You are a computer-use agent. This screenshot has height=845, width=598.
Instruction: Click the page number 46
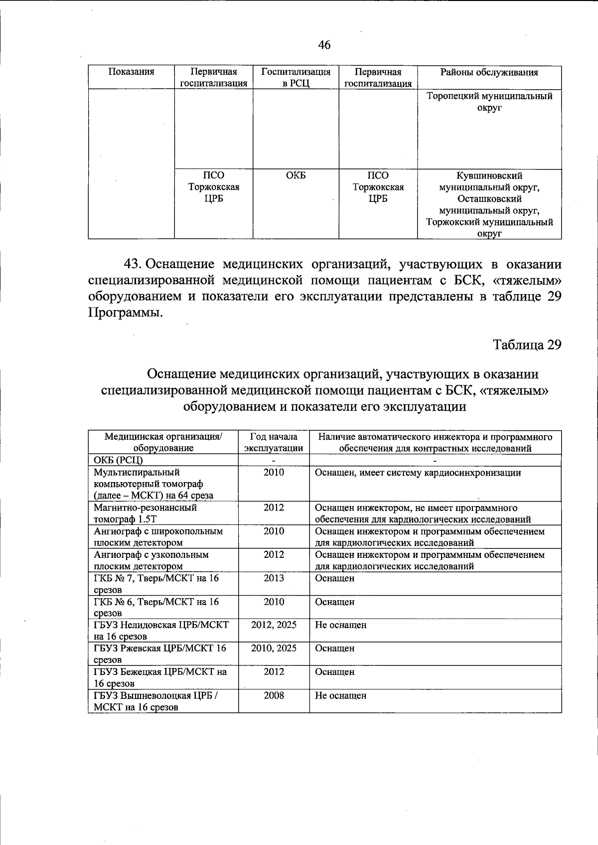click(324, 45)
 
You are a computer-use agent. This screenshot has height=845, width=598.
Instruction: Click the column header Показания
click(131, 72)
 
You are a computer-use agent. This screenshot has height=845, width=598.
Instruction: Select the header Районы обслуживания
click(489, 72)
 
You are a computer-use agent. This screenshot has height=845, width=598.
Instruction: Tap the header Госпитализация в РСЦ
click(296, 77)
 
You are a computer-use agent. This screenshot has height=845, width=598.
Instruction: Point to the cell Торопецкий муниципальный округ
click(489, 102)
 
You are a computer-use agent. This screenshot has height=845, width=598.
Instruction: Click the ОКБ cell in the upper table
click(296, 175)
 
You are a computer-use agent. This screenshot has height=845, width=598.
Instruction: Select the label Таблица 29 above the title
click(527, 344)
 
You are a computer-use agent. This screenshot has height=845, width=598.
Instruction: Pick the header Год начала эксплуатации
click(274, 442)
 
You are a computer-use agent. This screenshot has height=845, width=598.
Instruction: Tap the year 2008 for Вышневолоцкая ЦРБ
click(274, 695)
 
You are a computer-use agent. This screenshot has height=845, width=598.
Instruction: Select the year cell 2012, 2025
click(274, 625)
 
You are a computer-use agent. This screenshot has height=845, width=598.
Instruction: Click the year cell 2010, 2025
click(274, 648)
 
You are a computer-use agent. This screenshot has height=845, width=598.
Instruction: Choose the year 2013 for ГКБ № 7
click(274, 578)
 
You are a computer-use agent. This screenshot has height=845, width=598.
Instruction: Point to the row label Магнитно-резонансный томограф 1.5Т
click(146, 513)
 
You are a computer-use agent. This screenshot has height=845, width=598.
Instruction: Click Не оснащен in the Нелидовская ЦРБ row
click(340, 625)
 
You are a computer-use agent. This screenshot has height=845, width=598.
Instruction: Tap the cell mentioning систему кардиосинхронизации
click(418, 473)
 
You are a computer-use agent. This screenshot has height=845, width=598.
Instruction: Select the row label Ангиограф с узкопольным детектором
click(151, 560)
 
